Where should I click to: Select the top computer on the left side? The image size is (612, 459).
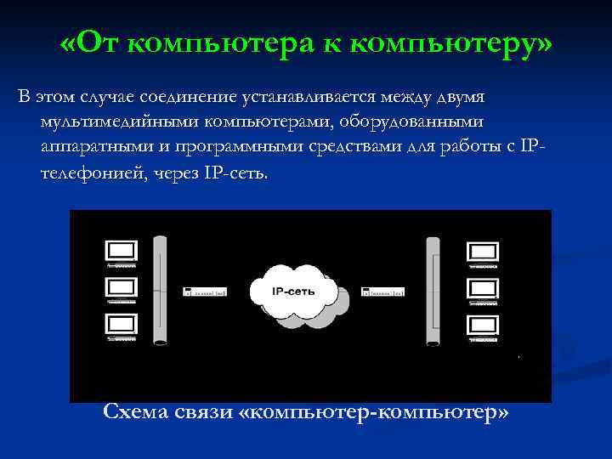tap(121, 252)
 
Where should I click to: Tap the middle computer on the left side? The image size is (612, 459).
tap(121, 287)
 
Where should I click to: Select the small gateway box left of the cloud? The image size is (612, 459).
tap(205, 292)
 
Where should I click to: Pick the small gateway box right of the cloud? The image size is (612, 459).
tap(382, 292)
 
